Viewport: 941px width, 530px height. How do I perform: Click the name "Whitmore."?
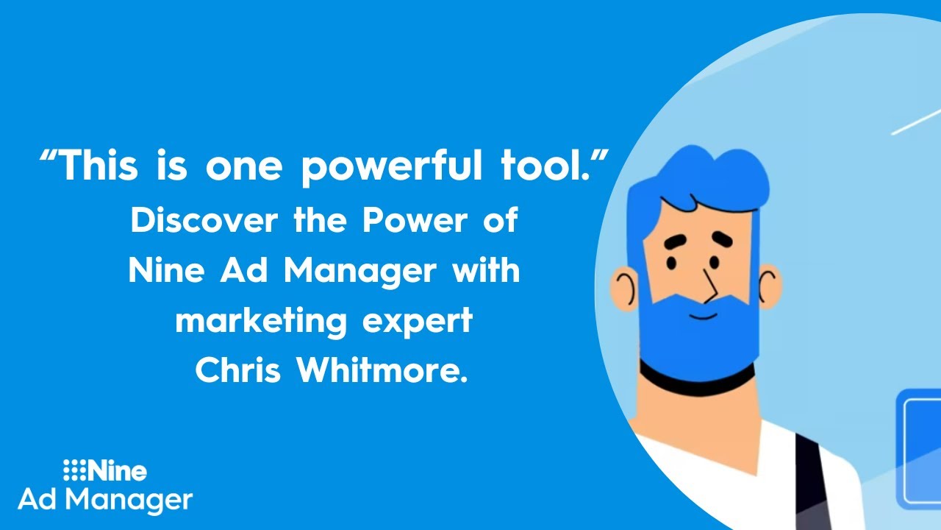click(382, 370)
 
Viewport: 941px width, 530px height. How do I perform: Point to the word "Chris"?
click(238, 370)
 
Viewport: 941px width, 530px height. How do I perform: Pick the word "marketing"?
click(262, 322)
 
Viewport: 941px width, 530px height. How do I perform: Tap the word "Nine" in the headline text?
click(165, 271)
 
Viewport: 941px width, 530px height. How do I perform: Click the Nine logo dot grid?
click(74, 470)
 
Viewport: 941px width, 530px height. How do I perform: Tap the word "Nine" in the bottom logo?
click(118, 470)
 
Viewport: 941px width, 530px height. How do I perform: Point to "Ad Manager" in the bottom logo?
click(105, 500)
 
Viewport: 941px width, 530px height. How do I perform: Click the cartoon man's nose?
click(709, 283)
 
